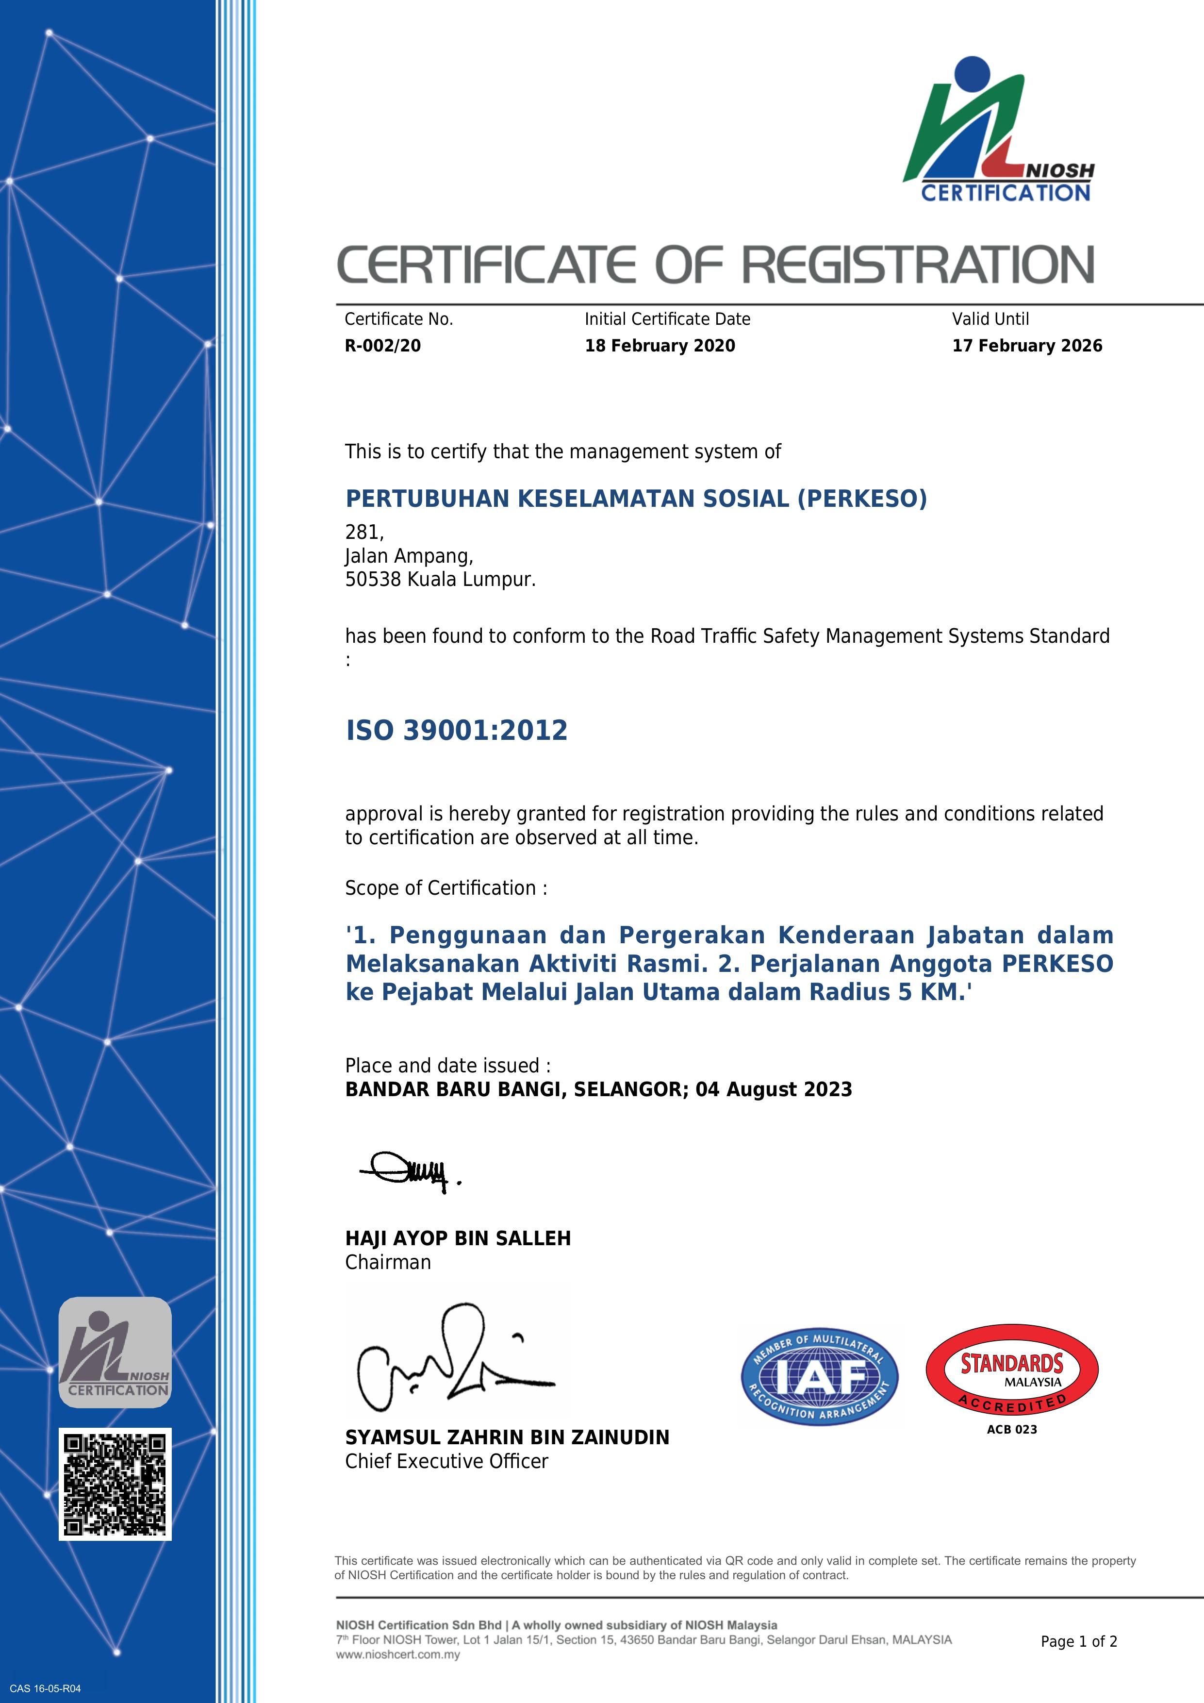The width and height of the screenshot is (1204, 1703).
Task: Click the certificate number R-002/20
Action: tap(382, 346)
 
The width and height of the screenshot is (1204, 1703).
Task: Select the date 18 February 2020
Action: tap(660, 346)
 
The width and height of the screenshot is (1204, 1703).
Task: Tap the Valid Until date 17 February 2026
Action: tap(1027, 346)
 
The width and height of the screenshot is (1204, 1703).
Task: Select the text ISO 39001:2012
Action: tap(457, 731)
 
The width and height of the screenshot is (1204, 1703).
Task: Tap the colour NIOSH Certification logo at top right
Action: tap(997, 130)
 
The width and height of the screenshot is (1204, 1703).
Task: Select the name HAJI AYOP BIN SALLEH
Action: tap(458, 1238)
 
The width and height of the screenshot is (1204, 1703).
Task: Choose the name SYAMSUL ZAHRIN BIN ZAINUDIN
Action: tap(507, 1437)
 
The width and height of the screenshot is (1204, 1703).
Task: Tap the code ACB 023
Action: tap(1012, 1429)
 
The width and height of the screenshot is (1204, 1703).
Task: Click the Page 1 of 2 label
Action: tap(1079, 1641)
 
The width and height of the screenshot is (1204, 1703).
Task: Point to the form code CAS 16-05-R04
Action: tap(45, 1689)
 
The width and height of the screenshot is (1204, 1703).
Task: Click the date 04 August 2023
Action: tap(774, 1089)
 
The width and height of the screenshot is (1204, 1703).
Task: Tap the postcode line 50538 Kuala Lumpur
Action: tap(440, 579)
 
